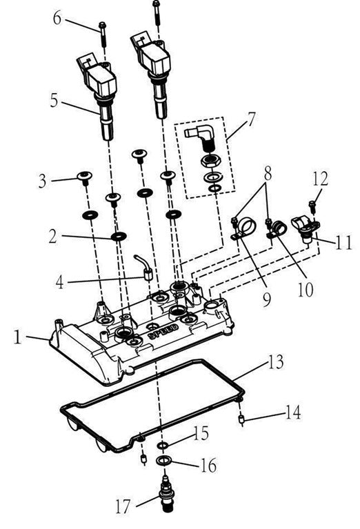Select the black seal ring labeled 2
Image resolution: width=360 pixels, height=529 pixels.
pyautogui.click(x=118, y=237)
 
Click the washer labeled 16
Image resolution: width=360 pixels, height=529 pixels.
pyautogui.click(x=165, y=460)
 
